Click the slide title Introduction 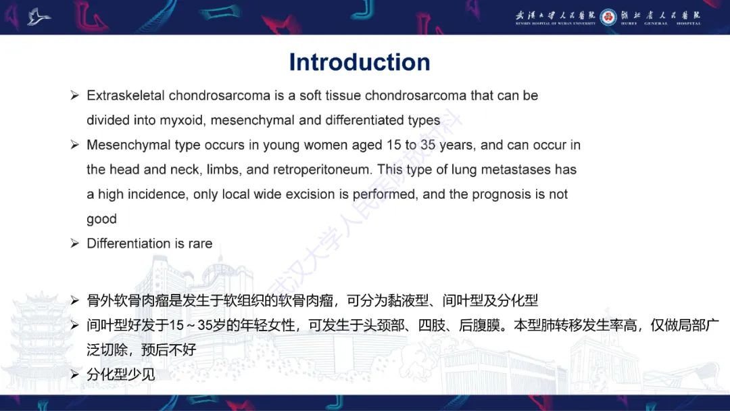pyautogui.click(x=359, y=62)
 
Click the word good pyautogui.click(x=101, y=219)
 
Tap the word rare pyautogui.click(x=200, y=243)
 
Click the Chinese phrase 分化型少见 pyautogui.click(x=121, y=374)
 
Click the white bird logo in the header pyautogui.click(x=39, y=16)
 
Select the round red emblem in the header pyautogui.click(x=608, y=16)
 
